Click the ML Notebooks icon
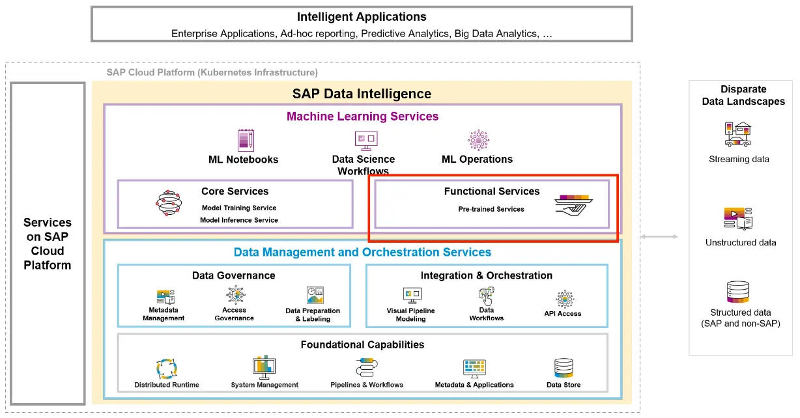click(245, 140)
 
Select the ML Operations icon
click(478, 139)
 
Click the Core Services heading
click(235, 191)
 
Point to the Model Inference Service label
click(238, 220)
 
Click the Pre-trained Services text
click(491, 209)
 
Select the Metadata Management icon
click(165, 297)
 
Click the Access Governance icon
click(234, 295)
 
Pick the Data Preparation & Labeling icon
click(315, 296)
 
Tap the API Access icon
click(564, 299)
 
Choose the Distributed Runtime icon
click(167, 369)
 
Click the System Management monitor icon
click(264, 368)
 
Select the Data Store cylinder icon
click(563, 369)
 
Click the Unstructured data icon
click(739, 219)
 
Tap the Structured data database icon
click(738, 293)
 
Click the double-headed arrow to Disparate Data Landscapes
click(659, 237)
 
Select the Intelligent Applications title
click(362, 17)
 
